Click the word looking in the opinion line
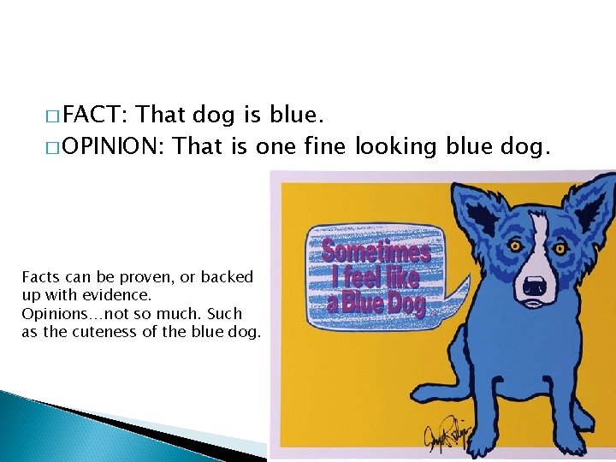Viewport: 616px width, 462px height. click(395, 146)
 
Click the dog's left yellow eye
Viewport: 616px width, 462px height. click(516, 246)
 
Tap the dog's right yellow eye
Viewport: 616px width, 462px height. click(560, 247)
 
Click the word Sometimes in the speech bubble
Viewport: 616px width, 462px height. click(376, 252)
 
